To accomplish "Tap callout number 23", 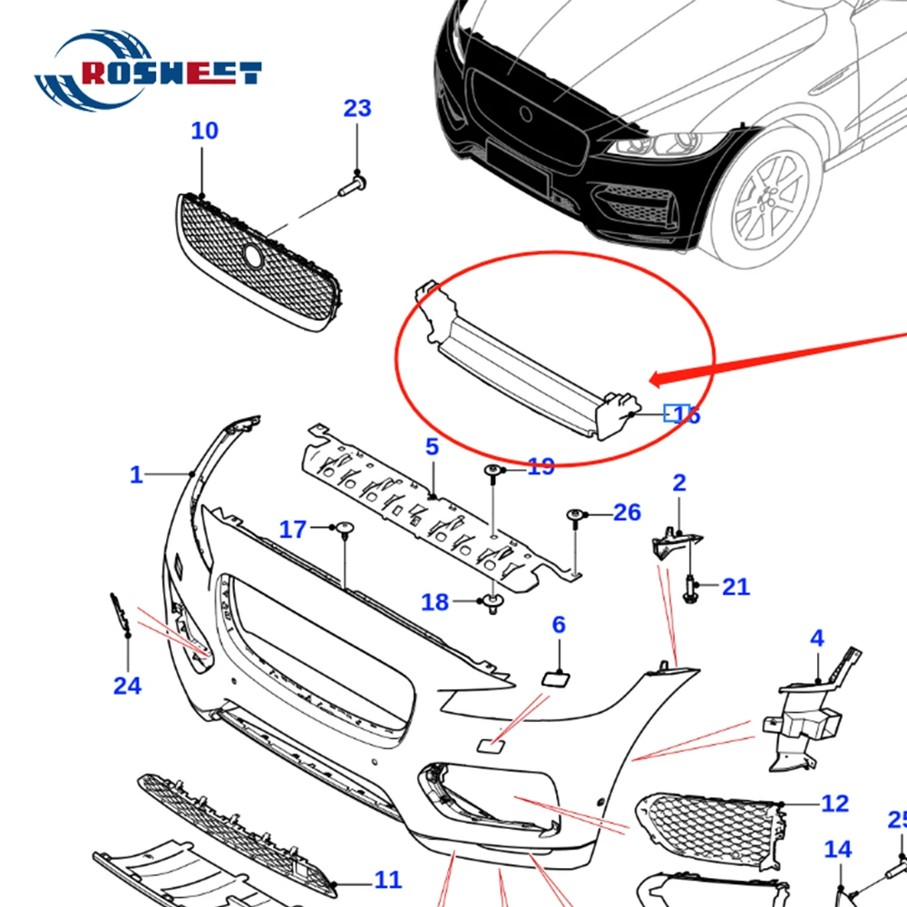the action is tap(357, 108).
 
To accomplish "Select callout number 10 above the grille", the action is tap(204, 131).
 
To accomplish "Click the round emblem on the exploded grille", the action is tap(253, 257).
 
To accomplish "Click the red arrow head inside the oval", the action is tap(660, 376).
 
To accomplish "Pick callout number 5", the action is tap(432, 446).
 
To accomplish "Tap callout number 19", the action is tap(541, 467).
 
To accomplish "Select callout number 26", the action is tap(627, 512).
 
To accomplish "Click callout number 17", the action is tap(293, 529).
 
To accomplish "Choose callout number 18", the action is tap(435, 601).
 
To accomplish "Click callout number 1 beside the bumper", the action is tap(136, 474).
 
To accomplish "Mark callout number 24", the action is tap(127, 686).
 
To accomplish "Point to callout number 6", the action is tap(558, 624).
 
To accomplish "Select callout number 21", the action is tap(736, 587).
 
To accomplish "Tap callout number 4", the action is tap(817, 639).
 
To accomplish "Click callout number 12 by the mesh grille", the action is tap(834, 803).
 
